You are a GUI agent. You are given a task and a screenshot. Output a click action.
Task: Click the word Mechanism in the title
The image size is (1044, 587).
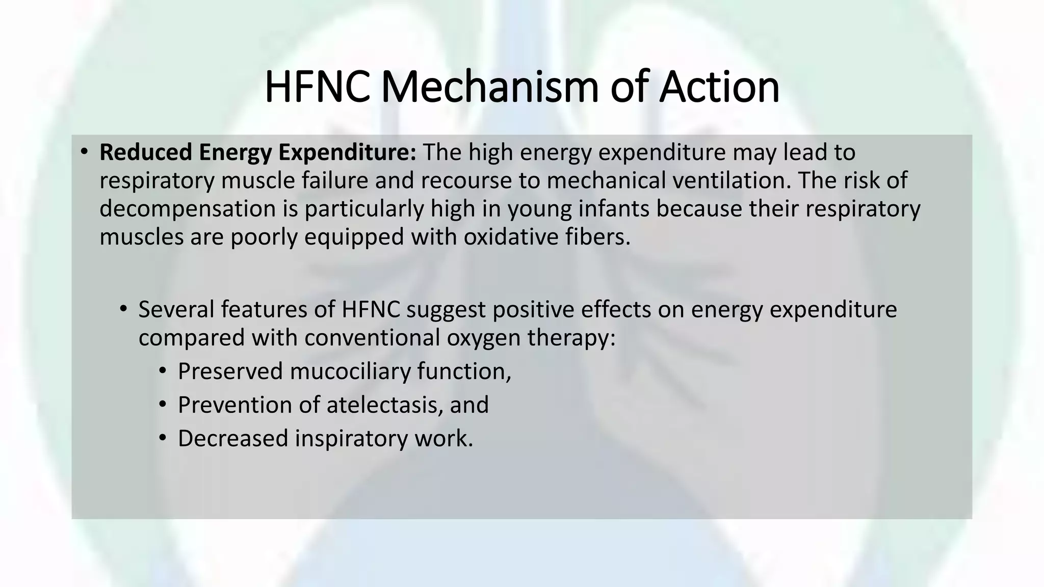point(489,87)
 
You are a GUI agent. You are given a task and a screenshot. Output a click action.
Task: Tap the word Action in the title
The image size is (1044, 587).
point(719,87)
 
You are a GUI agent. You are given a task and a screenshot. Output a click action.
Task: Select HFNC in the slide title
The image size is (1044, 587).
point(317,87)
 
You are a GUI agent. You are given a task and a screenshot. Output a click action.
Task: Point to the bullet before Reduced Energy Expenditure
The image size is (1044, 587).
point(85,151)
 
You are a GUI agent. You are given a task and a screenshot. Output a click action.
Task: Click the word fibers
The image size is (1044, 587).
point(598,237)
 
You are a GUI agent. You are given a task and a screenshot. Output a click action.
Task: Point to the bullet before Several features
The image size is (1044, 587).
point(123,309)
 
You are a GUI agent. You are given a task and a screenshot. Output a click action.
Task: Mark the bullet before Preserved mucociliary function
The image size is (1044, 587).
point(163,370)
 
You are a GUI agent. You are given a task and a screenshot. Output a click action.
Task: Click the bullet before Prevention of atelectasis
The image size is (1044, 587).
point(163,405)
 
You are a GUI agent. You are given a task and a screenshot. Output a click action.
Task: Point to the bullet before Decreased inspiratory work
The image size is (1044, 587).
point(163,438)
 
